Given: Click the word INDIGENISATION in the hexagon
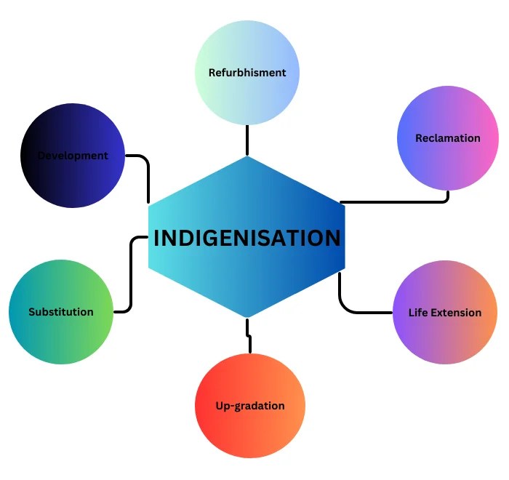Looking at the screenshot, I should (x=247, y=238).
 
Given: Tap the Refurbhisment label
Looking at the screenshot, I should (x=247, y=73).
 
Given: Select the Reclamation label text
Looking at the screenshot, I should (x=448, y=138).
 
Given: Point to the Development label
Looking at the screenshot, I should (x=73, y=156).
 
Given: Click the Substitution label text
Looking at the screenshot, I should (x=61, y=312).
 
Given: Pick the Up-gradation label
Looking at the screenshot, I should (x=250, y=406).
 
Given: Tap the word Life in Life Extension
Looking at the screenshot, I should (x=417, y=313).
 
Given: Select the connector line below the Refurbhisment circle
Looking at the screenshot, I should (x=247, y=140).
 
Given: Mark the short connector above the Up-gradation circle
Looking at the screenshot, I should (x=249, y=340).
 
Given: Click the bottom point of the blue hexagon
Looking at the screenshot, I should (x=247, y=317).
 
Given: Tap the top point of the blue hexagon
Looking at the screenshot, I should (x=247, y=157).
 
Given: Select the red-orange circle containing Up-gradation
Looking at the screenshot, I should (x=250, y=429).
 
